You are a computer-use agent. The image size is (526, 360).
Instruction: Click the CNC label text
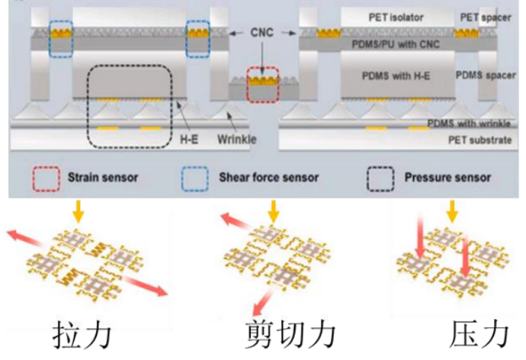(261, 33)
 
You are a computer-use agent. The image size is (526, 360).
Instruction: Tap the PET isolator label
(396, 17)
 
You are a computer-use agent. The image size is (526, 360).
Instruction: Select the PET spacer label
(486, 18)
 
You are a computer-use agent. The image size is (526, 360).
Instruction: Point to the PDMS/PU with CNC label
(396, 44)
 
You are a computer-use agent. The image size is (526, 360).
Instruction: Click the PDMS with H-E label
(396, 76)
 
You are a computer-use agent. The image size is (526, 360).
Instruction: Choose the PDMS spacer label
(486, 76)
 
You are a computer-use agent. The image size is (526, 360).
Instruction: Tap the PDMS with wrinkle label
(469, 124)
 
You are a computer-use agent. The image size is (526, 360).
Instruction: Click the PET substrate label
(480, 140)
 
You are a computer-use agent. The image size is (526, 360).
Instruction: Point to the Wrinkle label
(237, 139)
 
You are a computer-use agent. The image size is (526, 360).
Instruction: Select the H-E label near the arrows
(189, 139)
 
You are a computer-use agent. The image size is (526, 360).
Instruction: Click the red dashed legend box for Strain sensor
(47, 178)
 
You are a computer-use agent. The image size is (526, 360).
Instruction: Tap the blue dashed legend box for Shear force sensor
(195, 178)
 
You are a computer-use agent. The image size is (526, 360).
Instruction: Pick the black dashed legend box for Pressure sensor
(380, 178)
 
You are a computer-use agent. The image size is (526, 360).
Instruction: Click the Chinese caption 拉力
(82, 335)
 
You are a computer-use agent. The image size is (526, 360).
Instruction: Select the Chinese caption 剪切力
(290, 335)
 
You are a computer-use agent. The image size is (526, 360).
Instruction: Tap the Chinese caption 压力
(479, 335)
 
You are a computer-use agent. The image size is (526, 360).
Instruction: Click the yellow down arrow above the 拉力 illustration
(79, 211)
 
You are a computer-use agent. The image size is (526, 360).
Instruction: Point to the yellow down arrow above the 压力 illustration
(452, 211)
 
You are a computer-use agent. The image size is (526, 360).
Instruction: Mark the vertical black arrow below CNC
(262, 58)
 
